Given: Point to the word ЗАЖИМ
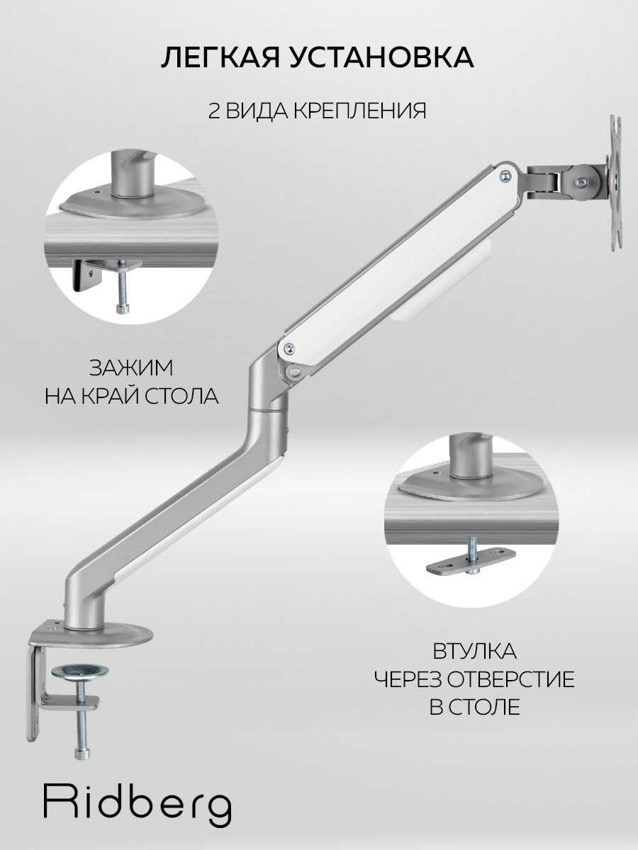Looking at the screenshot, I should click(x=131, y=369).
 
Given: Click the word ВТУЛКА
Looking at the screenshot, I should click(x=474, y=651).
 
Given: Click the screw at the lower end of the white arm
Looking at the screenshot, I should click(x=289, y=348).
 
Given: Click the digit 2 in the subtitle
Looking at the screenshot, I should click(x=213, y=111).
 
